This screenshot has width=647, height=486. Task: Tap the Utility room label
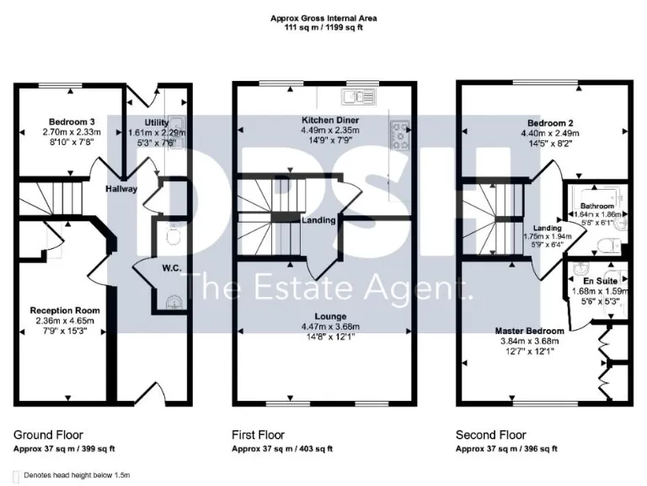pos(157,122)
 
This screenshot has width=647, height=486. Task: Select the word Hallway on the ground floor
pos(121,189)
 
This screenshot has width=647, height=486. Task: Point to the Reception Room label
pos(59,310)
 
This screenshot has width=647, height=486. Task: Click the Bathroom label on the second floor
pos(596,205)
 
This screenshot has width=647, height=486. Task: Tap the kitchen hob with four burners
pos(398,129)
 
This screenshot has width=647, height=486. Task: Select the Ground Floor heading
pos(48,435)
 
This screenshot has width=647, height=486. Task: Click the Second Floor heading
pos(491,435)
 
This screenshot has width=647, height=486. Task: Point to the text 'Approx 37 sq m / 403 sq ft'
pos(282,449)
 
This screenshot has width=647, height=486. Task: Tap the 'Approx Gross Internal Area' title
pos(323,18)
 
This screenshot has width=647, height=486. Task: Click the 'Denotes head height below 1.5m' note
pos(77,476)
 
